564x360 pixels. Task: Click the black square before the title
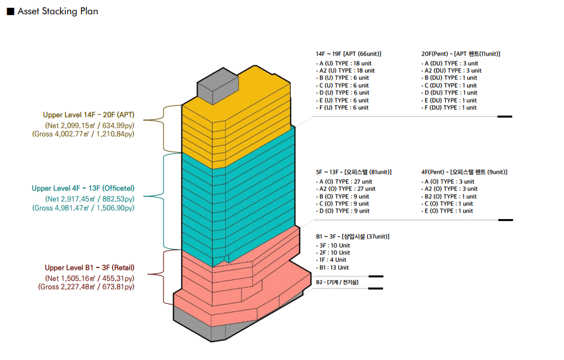[x=10, y=11]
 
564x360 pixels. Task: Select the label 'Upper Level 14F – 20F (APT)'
[x=88, y=115]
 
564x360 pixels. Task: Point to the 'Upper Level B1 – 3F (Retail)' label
[x=89, y=268]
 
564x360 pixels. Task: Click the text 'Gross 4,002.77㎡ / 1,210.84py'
[x=83, y=134]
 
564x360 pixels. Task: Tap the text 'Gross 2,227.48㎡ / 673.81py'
[x=86, y=287]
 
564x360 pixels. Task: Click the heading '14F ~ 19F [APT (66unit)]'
[x=349, y=53]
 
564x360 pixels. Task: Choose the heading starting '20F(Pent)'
[x=460, y=53]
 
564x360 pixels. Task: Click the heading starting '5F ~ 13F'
[x=353, y=172]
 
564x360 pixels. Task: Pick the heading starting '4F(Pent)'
[x=464, y=172]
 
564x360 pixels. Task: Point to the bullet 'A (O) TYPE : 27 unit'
[x=346, y=181]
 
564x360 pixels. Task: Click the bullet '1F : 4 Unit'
[x=333, y=260]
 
